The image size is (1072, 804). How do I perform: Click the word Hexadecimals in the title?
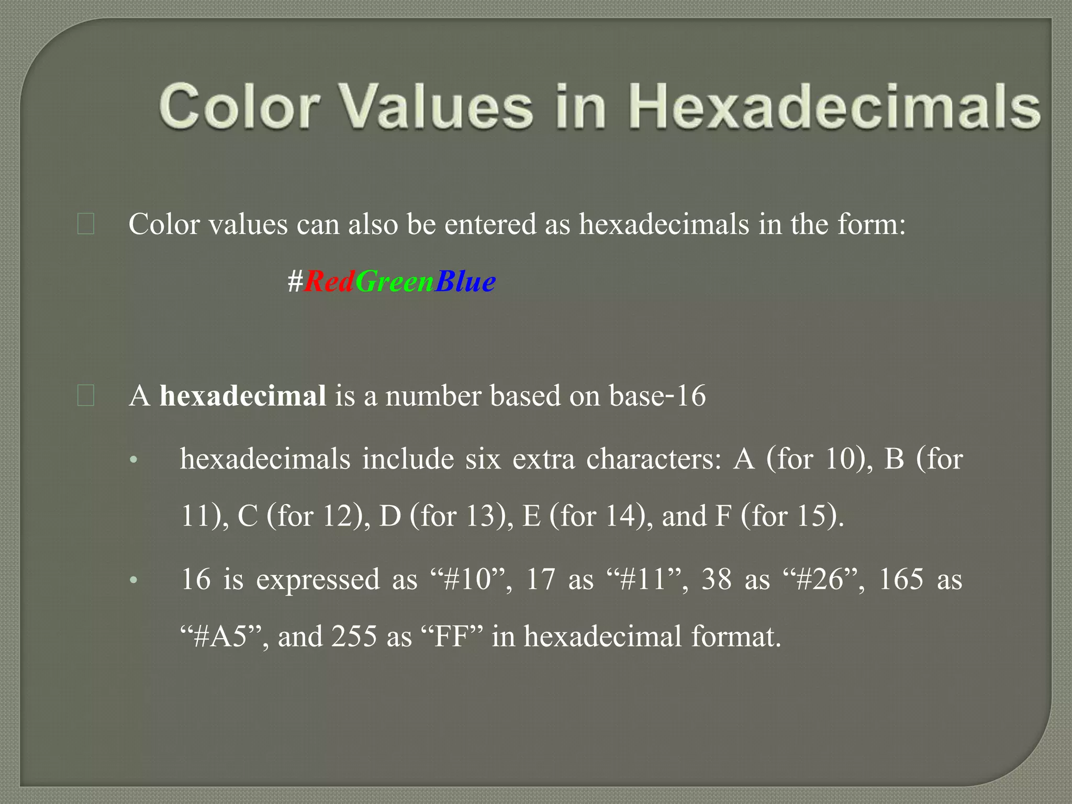835,107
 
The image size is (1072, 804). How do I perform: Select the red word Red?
329,282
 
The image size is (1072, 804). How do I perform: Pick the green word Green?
395,282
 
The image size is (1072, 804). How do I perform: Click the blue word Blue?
465,282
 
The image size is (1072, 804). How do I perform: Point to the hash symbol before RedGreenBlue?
295,282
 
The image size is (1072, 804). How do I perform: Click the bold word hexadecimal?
243,396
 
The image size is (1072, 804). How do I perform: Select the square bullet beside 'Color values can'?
85,224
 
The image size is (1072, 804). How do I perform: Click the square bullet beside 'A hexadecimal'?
85,396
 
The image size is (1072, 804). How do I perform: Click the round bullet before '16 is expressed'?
133,580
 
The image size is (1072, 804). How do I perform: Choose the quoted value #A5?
220,637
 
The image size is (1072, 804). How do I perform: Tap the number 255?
354,637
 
